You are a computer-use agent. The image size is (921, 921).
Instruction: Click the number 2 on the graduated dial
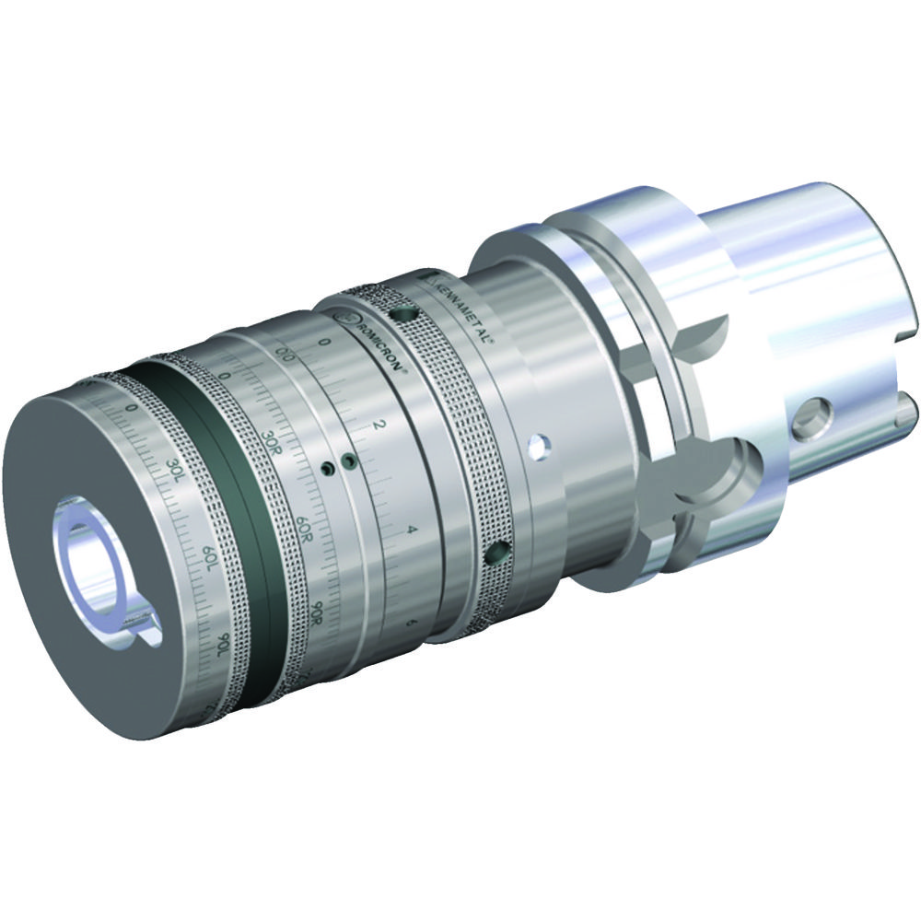pos(379,425)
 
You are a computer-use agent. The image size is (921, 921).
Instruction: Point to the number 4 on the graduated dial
pos(412,531)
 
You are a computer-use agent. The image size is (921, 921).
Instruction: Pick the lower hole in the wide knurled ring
pos(497,553)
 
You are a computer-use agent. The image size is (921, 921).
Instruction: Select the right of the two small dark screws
pos(347,459)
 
